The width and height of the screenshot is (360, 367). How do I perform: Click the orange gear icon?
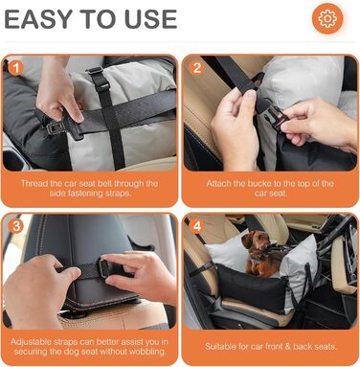(x=327, y=18)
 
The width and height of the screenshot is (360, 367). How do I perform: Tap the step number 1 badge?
(x=15, y=68)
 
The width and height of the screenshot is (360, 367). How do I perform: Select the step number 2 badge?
(x=197, y=68)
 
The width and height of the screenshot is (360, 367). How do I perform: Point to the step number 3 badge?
(x=15, y=226)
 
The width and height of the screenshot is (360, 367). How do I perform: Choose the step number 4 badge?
(x=197, y=226)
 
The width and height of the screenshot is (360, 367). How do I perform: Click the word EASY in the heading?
(x=39, y=19)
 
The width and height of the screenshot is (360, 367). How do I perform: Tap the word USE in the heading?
(x=150, y=19)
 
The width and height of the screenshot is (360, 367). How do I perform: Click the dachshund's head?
(x=251, y=241)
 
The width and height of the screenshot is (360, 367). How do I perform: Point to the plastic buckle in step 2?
(x=274, y=119)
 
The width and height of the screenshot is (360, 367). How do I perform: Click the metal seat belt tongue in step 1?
(x=56, y=127)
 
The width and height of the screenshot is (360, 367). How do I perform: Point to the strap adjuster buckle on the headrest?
(x=104, y=267)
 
